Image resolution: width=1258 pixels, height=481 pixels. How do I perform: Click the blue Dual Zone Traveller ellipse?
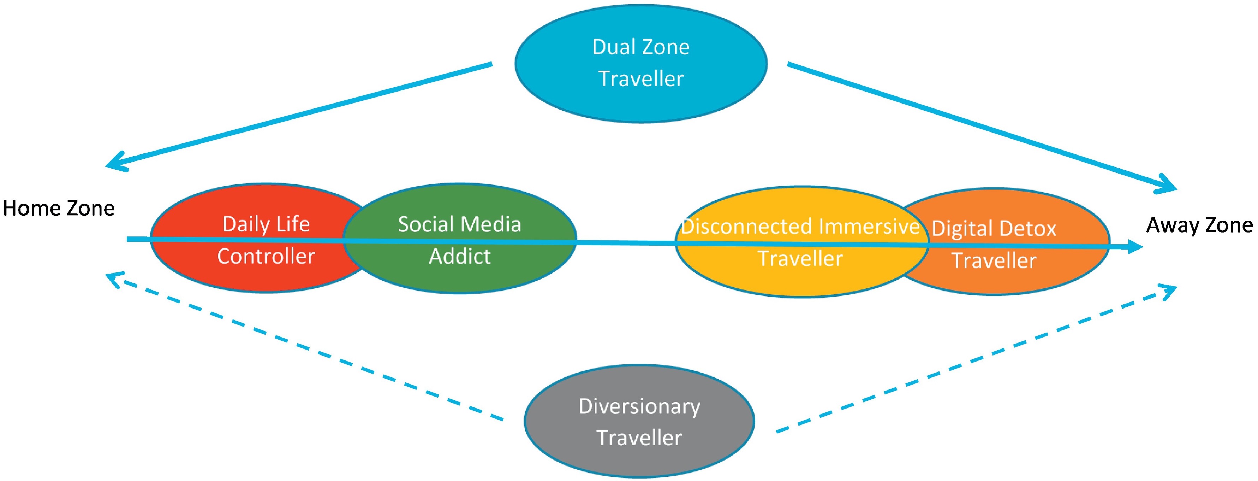(641, 64)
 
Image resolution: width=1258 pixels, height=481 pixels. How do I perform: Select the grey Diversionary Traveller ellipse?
(639, 421)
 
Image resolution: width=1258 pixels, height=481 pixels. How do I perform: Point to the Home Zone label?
(59, 208)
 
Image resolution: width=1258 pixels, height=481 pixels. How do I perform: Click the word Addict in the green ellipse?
(460, 256)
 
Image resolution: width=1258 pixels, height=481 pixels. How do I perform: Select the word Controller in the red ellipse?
(266, 256)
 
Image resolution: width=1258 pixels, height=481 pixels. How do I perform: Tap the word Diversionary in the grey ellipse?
(639, 406)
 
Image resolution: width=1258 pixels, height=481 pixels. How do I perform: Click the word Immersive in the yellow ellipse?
(869, 226)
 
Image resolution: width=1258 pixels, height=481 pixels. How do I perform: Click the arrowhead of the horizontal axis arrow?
(1134, 247)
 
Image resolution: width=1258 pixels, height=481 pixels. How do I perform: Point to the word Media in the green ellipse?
(492, 224)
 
